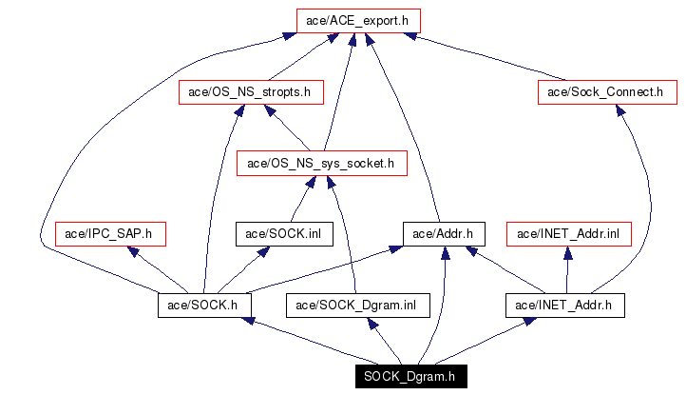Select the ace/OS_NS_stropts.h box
pos(251,92)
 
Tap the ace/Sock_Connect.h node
pos(606,92)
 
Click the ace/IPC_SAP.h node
pos(111,233)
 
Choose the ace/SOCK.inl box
pos(284,233)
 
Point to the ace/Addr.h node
pos(445,233)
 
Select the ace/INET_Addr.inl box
pos(568,233)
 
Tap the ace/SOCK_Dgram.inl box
pos(357,305)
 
